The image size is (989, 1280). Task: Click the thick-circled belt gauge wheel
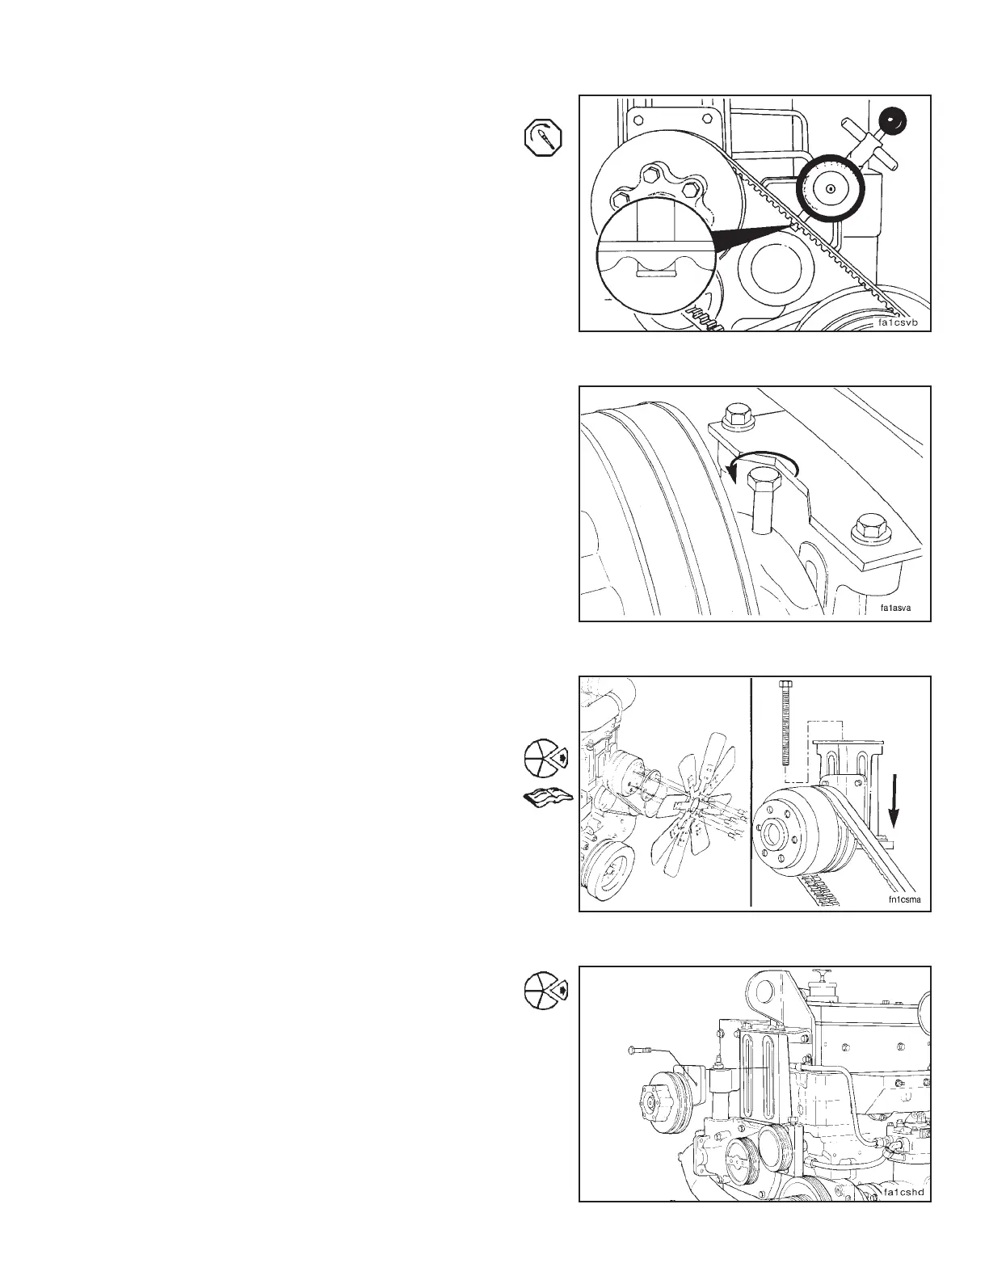click(x=830, y=187)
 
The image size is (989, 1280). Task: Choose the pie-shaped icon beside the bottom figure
click(x=544, y=990)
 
